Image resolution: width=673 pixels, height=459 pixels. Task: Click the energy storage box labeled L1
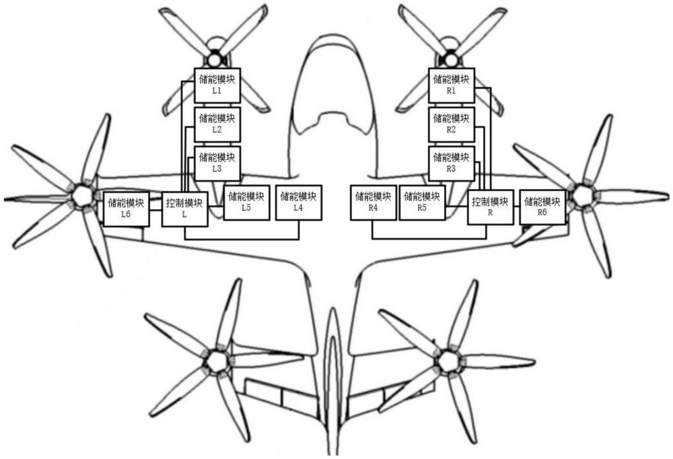[x=217, y=85]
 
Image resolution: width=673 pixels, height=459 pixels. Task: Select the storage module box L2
[x=217, y=125]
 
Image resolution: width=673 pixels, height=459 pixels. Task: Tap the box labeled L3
[x=217, y=164]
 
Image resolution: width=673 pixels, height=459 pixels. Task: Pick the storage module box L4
[x=298, y=203]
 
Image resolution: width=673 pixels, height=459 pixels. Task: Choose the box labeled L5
[x=246, y=203]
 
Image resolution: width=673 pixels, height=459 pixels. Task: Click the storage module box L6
[x=127, y=209]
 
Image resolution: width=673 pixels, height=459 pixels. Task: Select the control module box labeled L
[x=185, y=209]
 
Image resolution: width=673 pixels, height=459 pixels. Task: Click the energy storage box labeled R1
[x=452, y=85]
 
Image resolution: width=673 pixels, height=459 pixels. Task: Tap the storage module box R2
[x=452, y=125]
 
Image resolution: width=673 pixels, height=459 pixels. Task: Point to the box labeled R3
[x=452, y=164]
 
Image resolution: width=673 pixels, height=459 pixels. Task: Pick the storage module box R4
[x=374, y=203]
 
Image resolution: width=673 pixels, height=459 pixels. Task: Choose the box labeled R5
[x=423, y=203]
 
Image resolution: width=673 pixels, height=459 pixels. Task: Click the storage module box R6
[x=542, y=207]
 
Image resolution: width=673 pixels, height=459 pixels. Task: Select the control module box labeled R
[x=491, y=207]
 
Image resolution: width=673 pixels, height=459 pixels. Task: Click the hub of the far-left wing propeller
[x=81, y=195]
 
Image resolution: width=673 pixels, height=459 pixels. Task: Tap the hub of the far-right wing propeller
[x=582, y=195]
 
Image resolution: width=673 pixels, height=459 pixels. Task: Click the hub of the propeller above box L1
[x=214, y=59]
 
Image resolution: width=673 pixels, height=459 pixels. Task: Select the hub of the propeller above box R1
[x=450, y=59]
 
